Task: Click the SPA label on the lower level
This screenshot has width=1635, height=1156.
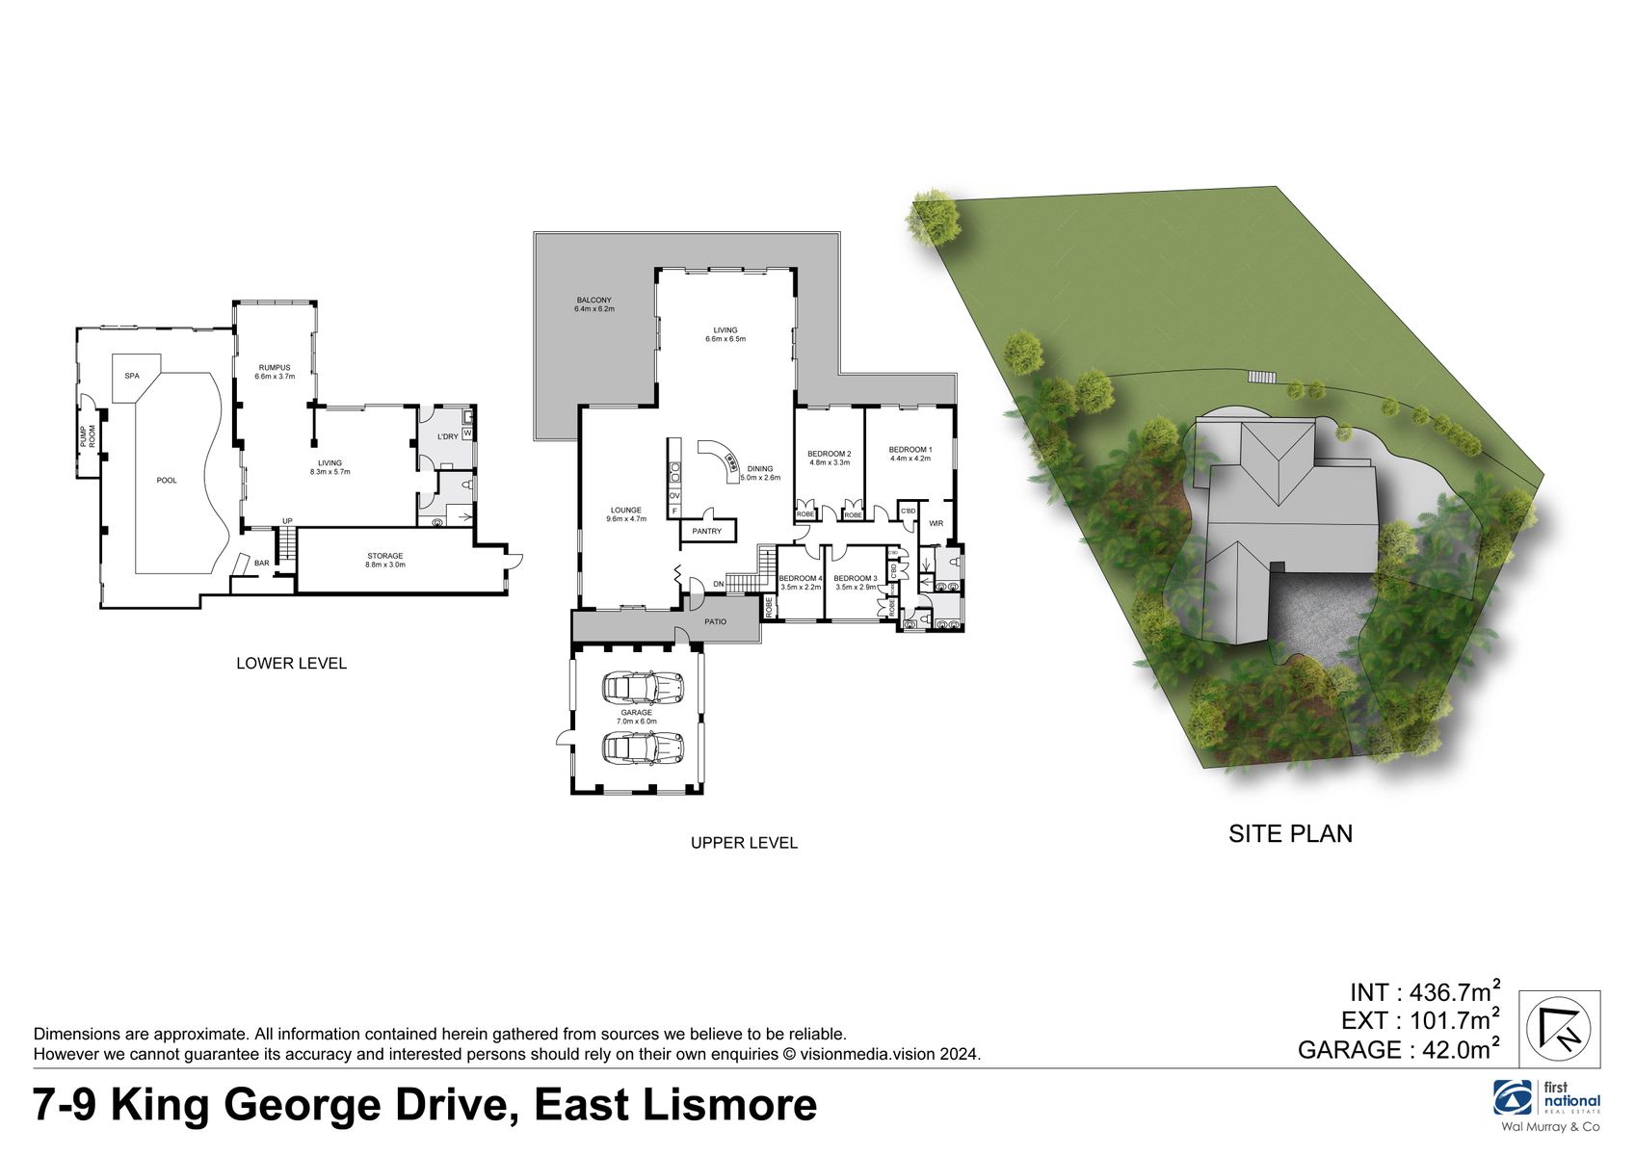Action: (x=132, y=376)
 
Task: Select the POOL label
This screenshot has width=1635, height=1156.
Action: (x=167, y=480)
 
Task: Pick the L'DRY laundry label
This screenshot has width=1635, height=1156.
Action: (x=448, y=436)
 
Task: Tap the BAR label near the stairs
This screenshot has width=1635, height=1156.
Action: (x=262, y=563)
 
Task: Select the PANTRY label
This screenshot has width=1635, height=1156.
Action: (x=706, y=531)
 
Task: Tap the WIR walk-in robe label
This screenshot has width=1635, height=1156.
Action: (x=936, y=523)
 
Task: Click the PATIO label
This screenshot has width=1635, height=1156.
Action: (x=715, y=621)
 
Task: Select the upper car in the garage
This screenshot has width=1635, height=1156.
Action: (x=643, y=687)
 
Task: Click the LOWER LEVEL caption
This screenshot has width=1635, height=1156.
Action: (x=291, y=663)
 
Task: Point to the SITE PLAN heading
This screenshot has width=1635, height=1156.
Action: (x=1290, y=833)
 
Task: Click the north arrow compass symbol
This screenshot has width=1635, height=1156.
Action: (x=1560, y=1028)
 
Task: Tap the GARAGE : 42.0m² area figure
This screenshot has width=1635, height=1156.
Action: (x=1399, y=1049)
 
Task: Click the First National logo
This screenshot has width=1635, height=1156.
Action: (x=1547, y=1099)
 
